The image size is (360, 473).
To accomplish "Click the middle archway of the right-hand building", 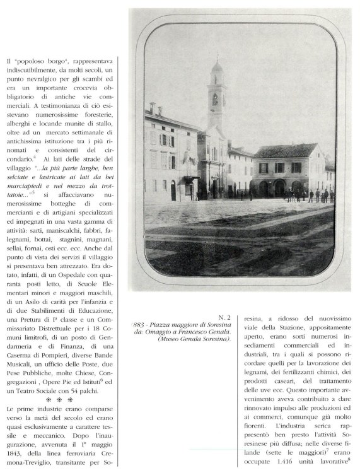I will point(279,187).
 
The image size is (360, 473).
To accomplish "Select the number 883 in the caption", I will point(139,324).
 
